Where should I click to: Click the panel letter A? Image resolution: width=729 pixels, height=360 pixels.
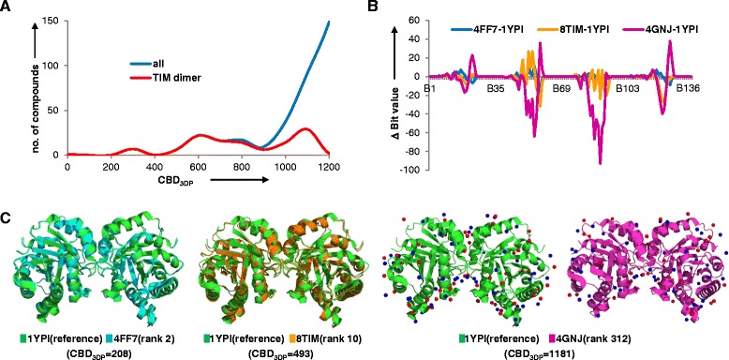pos(8,9)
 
